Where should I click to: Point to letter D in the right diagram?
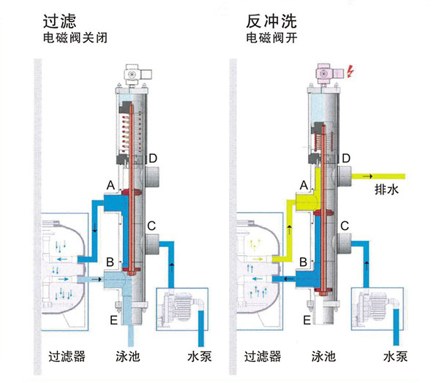tap(348, 158)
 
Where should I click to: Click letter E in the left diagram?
tap(113, 319)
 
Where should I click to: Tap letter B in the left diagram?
tap(109, 261)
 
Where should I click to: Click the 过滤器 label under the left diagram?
tap(67, 357)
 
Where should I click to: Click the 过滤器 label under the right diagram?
tap(265, 357)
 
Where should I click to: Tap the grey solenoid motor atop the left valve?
tap(135, 73)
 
